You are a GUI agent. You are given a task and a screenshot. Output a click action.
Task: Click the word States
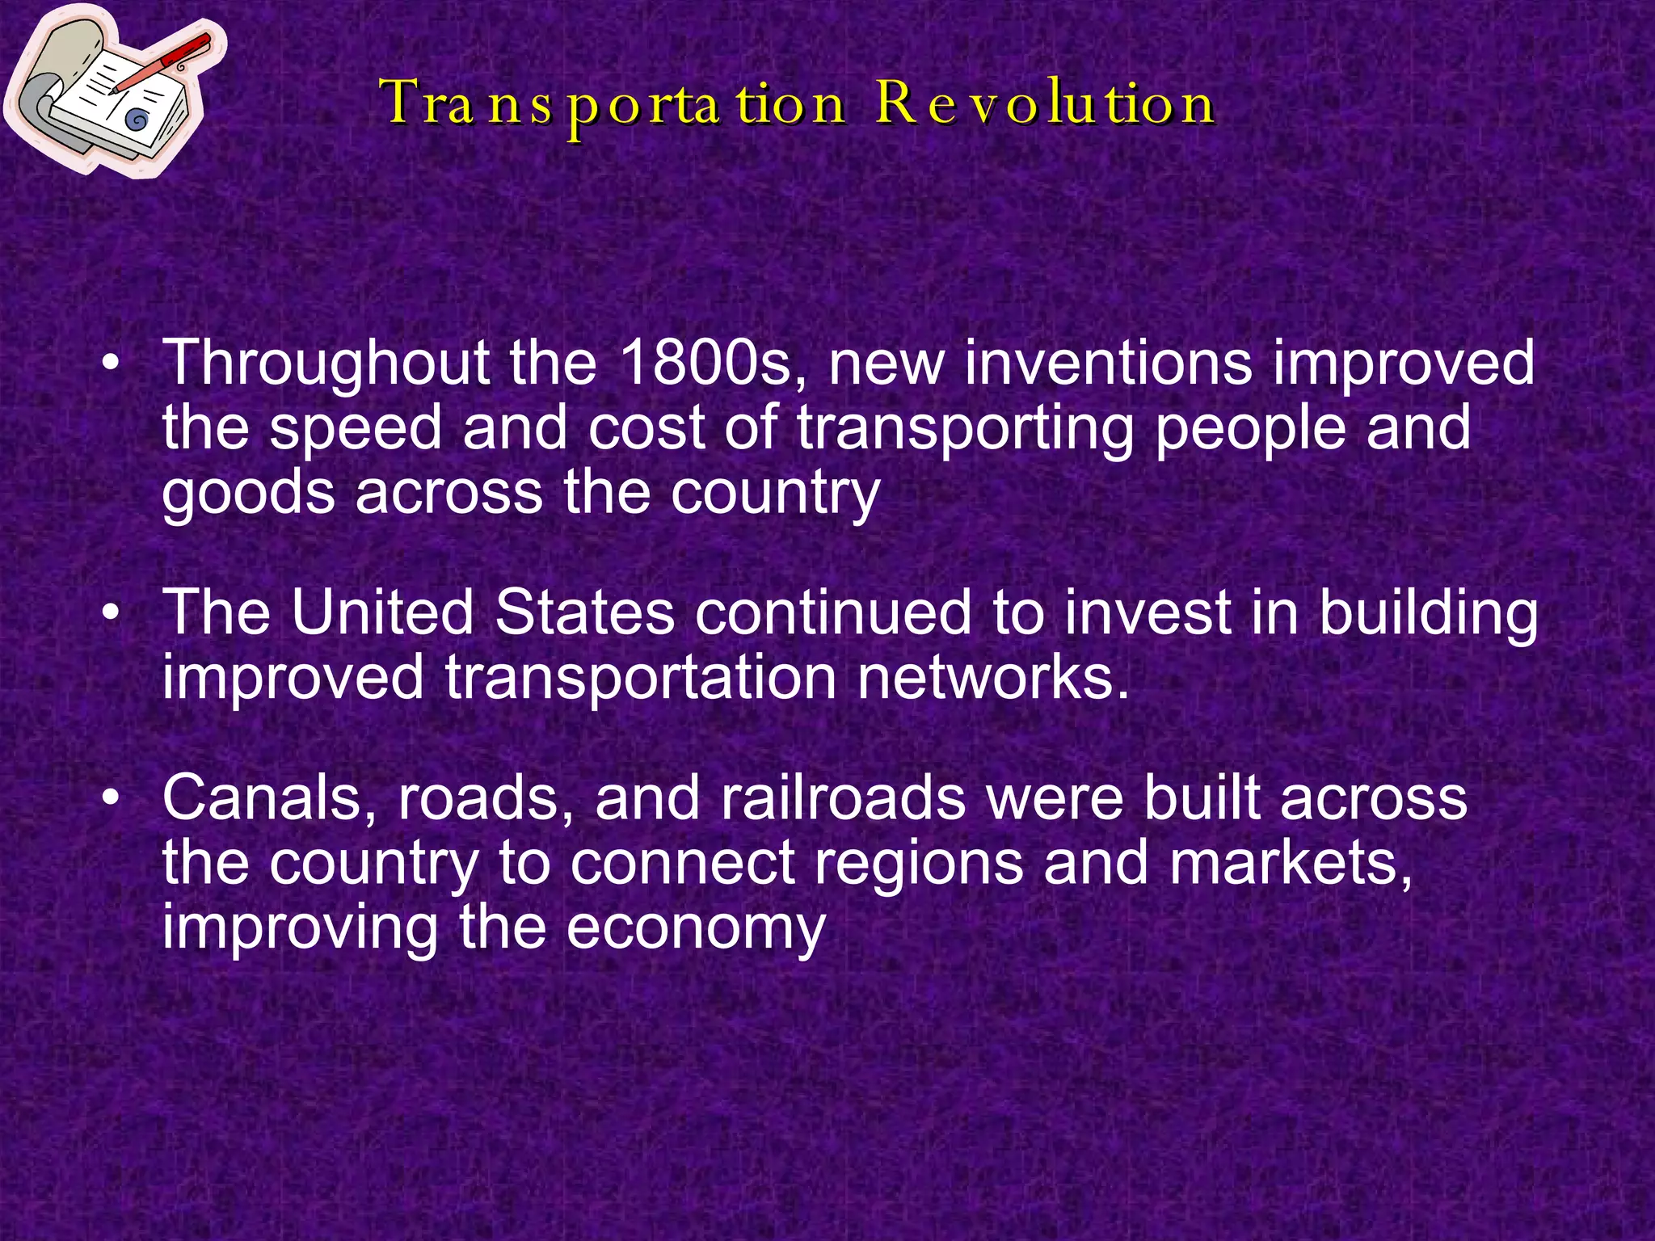pyautogui.click(x=583, y=612)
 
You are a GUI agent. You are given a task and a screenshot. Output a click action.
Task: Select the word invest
pyautogui.click(x=1147, y=612)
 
